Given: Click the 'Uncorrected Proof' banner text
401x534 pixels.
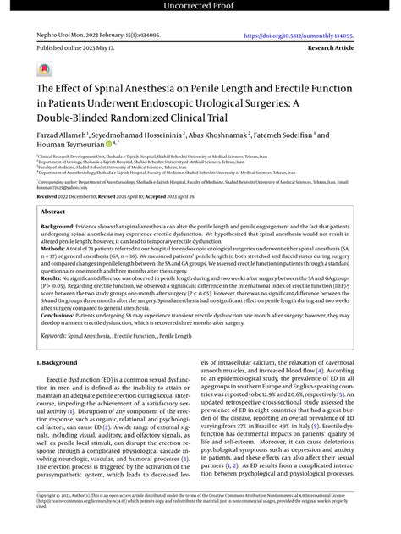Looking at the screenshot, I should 200,8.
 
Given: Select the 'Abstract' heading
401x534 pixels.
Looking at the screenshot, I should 53,212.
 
